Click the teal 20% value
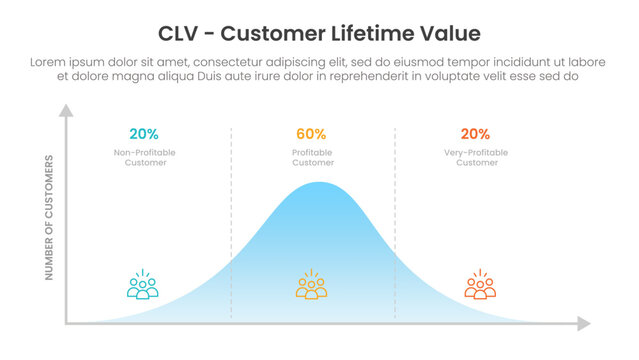pyautogui.click(x=144, y=134)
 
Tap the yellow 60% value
pyautogui.click(x=311, y=134)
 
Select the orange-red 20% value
pyautogui.click(x=475, y=134)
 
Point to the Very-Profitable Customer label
pyautogui.click(x=475, y=157)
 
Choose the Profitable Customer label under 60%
pyautogui.click(x=312, y=157)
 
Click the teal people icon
pyautogui.click(x=144, y=285)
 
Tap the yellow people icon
pyautogui.click(x=312, y=285)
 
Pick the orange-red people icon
pyautogui.click(x=480, y=285)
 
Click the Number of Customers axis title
pyautogui.click(x=49, y=217)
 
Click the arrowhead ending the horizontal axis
pyautogui.click(x=584, y=323)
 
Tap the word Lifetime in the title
pyautogui.click(x=380, y=34)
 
